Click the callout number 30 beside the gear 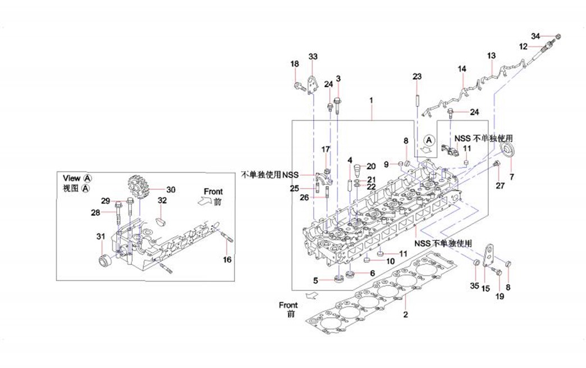[171, 189]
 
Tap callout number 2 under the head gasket [405, 315]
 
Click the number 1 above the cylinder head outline [371, 99]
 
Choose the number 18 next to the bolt [295, 64]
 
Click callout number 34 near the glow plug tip [535, 37]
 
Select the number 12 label [523, 47]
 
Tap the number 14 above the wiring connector [462, 69]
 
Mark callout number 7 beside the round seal [511, 177]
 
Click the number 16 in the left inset [227, 260]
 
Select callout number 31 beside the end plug [101, 237]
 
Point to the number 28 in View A [95, 212]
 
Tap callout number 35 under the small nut [474, 285]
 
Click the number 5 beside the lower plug [316, 280]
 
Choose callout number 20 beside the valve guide [372, 166]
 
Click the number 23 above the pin [417, 76]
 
